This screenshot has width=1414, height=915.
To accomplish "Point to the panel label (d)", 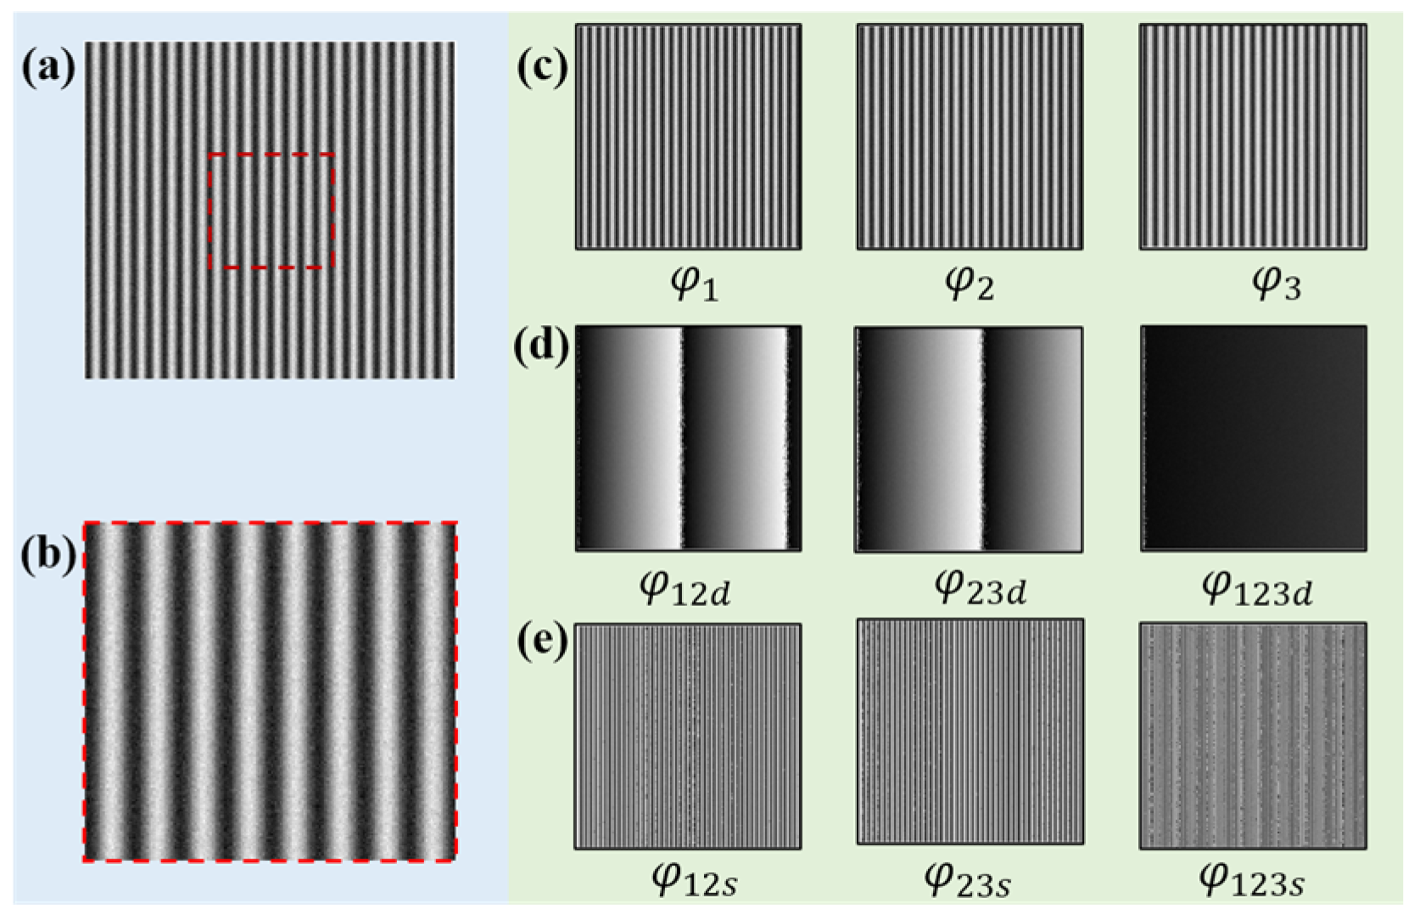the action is coord(541,345).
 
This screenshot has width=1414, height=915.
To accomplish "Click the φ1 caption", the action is coord(694,283).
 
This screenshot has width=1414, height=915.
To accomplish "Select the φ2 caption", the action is coord(969,283).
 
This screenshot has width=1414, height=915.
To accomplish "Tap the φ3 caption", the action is coord(1276,283).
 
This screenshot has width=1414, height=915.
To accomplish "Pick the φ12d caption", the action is coord(685,587).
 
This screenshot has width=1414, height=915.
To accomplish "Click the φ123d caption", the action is coord(1257,587).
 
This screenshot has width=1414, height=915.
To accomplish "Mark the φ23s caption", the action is coord(967,879).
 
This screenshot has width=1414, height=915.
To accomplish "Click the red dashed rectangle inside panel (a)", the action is coord(271,155).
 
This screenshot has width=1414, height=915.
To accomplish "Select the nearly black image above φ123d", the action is coord(1253,438).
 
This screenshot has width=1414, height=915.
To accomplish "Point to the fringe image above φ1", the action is coord(688,137).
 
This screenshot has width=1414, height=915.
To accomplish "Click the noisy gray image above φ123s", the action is coord(1253,735).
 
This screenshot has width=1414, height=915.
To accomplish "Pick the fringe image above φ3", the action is coord(1252,137).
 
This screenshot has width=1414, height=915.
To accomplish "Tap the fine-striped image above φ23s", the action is coord(970,732).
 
